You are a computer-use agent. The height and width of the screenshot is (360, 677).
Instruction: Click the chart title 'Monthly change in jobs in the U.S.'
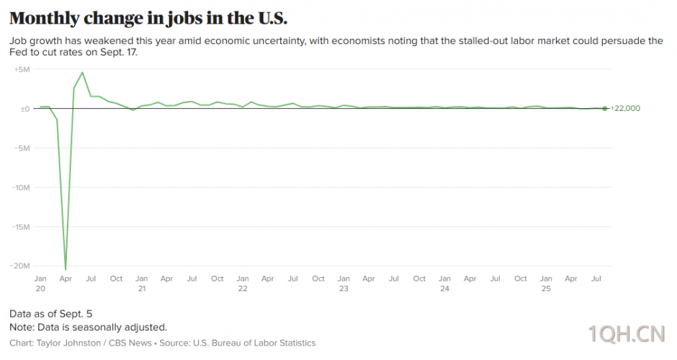click(148, 18)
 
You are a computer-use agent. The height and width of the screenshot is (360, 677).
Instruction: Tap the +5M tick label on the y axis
click(22, 69)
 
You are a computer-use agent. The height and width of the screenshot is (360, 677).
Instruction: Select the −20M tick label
click(21, 265)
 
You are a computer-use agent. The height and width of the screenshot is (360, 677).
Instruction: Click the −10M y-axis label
click(21, 187)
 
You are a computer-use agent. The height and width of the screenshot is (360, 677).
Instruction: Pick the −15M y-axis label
click(21, 226)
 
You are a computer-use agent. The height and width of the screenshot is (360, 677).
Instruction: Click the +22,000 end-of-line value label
click(625, 109)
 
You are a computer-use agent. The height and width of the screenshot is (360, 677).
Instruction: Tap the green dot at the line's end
click(604, 109)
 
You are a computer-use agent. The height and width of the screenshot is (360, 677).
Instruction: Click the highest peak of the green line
click(83, 72)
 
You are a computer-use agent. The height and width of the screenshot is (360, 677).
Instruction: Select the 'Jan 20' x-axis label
click(40, 283)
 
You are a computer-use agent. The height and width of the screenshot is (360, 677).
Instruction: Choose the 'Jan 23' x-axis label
click(344, 283)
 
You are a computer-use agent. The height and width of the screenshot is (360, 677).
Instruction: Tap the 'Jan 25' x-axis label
click(546, 283)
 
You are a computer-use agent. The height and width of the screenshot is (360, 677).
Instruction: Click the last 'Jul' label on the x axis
click(596, 279)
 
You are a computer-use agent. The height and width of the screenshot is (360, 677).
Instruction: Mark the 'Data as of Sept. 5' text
click(50, 314)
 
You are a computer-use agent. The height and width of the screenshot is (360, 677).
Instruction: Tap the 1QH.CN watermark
click(626, 334)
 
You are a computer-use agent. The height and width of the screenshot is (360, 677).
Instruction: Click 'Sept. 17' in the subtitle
click(115, 53)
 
